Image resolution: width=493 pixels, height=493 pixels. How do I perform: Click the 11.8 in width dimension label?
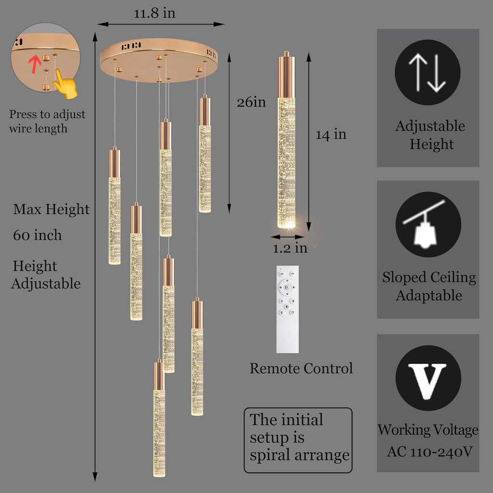[155, 13]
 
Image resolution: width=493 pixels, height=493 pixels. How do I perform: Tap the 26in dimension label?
[251, 102]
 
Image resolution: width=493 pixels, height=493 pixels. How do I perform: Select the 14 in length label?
[331, 135]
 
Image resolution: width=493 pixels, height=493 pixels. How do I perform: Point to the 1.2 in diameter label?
[290, 248]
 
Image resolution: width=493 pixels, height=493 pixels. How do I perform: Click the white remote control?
[287, 310]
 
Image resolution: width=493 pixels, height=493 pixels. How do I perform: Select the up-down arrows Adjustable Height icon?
[428, 72]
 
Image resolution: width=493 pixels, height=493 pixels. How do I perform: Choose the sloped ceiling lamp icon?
[428, 224]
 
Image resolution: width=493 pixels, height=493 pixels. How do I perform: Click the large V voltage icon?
[428, 378]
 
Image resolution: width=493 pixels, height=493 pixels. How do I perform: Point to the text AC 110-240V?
[430, 452]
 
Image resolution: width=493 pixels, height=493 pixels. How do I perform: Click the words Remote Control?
[301, 368]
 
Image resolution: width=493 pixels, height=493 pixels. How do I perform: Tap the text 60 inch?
[38, 235]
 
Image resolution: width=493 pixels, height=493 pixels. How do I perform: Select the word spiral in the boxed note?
[270, 456]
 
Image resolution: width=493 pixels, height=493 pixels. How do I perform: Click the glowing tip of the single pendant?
[286, 224]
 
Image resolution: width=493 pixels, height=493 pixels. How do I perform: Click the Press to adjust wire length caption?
[47, 121]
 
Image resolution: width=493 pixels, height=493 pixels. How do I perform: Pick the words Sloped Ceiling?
[429, 278]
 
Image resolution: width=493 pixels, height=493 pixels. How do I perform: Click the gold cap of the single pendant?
[286, 75]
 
